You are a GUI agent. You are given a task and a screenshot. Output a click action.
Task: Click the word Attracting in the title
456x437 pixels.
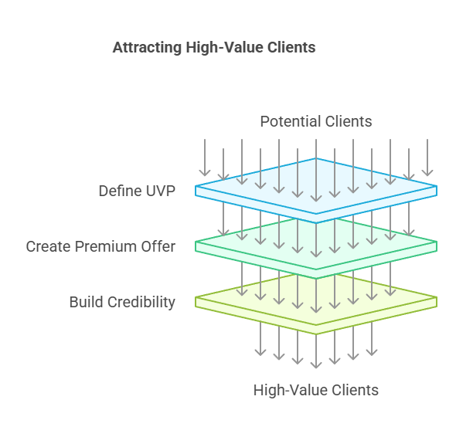[x=147, y=48]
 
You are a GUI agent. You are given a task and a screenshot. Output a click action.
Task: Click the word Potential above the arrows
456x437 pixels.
[x=291, y=121]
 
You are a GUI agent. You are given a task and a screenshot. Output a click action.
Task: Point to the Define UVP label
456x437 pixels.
[x=137, y=191]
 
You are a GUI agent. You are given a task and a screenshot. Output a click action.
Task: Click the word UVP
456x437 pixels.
[x=160, y=191]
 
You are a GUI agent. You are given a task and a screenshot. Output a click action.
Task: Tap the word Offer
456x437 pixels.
[x=158, y=247]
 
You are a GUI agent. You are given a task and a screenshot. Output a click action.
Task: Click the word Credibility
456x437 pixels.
[x=141, y=303]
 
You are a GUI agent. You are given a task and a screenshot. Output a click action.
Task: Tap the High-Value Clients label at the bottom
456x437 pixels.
[x=316, y=390]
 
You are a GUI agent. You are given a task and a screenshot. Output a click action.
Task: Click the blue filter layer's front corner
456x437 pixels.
[x=316, y=222]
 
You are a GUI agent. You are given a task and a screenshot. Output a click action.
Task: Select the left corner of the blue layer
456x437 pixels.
[x=196, y=186]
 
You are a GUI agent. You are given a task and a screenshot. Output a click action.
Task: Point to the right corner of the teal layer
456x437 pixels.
[x=437, y=242]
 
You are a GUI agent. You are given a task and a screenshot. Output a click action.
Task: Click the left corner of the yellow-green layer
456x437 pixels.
[x=196, y=297]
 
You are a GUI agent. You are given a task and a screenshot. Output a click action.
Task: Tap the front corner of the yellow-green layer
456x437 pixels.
[x=316, y=334]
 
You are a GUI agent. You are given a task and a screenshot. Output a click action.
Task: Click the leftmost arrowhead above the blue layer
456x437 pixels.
[x=205, y=173]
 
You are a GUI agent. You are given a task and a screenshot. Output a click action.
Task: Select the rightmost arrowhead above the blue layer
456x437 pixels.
[x=427, y=173]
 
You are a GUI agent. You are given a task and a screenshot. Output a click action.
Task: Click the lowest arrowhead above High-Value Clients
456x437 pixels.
[x=316, y=365]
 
